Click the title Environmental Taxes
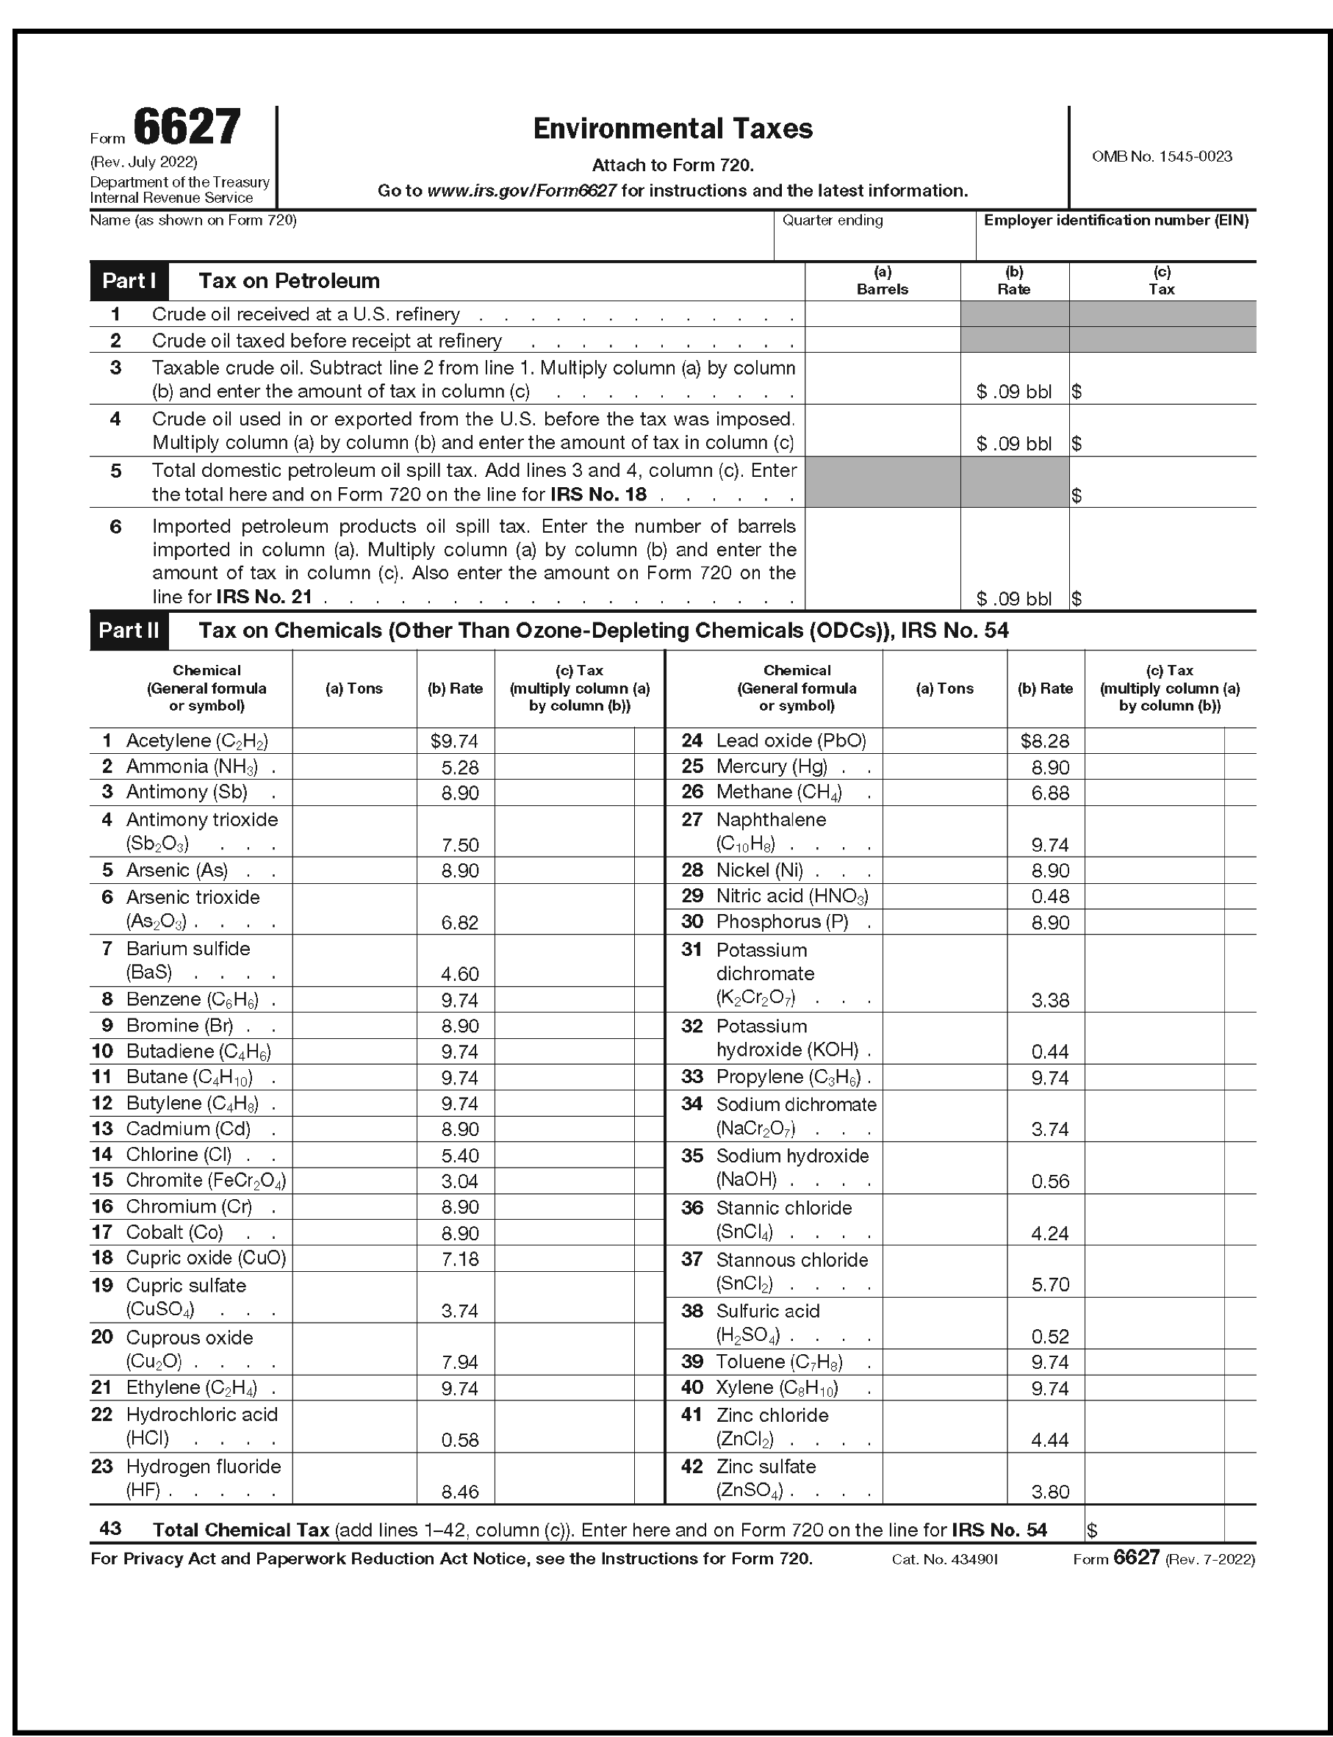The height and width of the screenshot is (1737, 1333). point(672,129)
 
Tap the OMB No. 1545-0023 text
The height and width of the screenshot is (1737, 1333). point(1162,157)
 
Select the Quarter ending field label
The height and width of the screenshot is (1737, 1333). point(833,220)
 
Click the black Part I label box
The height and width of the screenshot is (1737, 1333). point(129,281)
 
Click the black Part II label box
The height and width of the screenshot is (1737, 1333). point(129,630)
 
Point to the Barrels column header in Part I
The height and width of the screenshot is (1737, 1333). point(882,289)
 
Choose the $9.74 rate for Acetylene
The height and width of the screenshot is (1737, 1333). point(455,741)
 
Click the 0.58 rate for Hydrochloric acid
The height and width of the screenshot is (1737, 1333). point(459,1439)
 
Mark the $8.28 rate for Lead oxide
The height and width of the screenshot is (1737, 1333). point(1045,741)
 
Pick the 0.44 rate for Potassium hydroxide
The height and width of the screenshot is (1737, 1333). point(1050,1051)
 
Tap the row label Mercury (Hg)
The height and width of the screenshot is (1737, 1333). point(772,766)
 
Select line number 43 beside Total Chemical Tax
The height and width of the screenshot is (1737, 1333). point(110,1528)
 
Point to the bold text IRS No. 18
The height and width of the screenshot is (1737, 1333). point(598,494)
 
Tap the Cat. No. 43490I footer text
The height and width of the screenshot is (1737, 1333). point(944,1558)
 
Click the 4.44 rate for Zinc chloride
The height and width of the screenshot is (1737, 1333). point(1050,1439)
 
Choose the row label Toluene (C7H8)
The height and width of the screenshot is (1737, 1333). point(779,1362)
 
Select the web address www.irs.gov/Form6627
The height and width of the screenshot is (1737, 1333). point(521,190)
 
